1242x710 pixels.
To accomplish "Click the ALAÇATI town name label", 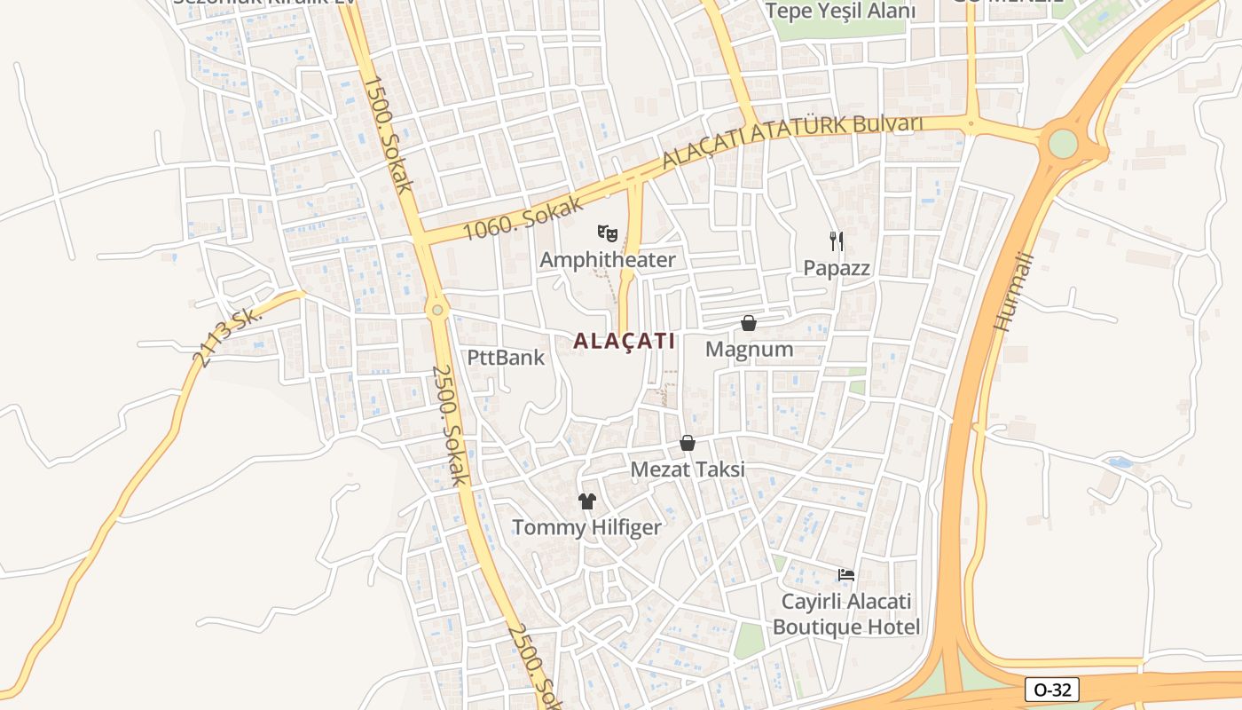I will [625, 341].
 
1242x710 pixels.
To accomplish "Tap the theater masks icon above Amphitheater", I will [608, 233].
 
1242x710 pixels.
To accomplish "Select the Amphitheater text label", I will [608, 260].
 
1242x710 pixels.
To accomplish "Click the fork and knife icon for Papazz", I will [836, 241].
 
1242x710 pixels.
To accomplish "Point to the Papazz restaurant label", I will [837, 268].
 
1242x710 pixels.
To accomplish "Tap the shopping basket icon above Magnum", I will [749, 323].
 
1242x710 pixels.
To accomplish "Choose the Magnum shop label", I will [749, 350].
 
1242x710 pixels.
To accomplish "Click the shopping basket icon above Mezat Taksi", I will [688, 443].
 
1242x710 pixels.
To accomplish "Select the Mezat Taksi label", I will [688, 469].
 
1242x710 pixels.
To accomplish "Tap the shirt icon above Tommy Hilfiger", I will [586, 501].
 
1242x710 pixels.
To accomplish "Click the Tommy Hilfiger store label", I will [586, 528].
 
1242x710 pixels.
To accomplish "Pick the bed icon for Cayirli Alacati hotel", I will [846, 575].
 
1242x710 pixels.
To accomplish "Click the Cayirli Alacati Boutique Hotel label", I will [846, 614].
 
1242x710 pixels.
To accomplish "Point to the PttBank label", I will [507, 358].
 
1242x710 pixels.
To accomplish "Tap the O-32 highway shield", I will [1051, 690].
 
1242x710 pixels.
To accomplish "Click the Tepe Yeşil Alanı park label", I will [839, 12].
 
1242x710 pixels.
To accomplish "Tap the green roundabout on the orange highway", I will [1062, 144].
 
